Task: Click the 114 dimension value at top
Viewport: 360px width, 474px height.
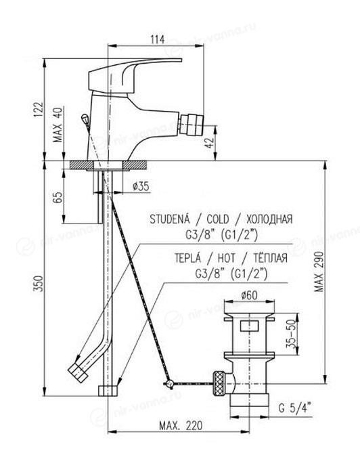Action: click(158, 39)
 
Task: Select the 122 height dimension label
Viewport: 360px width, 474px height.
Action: click(39, 110)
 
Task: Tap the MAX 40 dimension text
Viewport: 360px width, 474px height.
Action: click(58, 125)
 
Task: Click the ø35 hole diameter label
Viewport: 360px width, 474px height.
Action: click(141, 186)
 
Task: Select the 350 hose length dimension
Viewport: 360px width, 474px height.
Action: click(39, 284)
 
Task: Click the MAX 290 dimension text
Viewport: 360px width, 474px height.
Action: click(319, 271)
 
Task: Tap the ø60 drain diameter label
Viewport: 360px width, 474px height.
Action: click(250, 295)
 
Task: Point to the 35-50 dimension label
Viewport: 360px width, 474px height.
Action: click(290, 335)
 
